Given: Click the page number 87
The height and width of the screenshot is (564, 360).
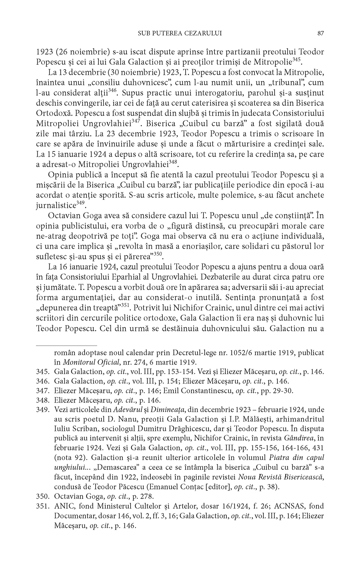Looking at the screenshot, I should [320, 33].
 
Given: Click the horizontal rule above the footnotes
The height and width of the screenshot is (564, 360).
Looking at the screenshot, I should [66, 346].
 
